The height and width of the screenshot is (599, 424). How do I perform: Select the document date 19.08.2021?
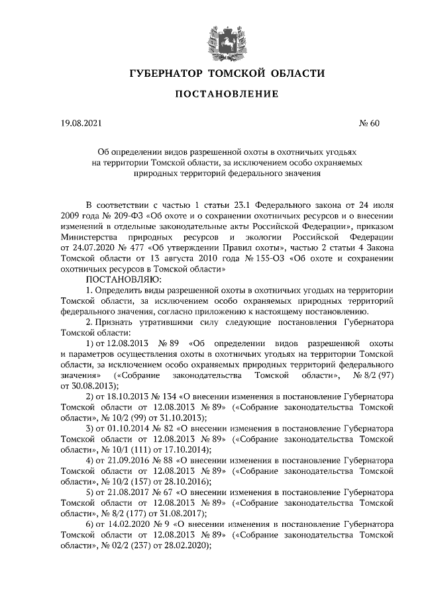[x=81, y=123]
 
